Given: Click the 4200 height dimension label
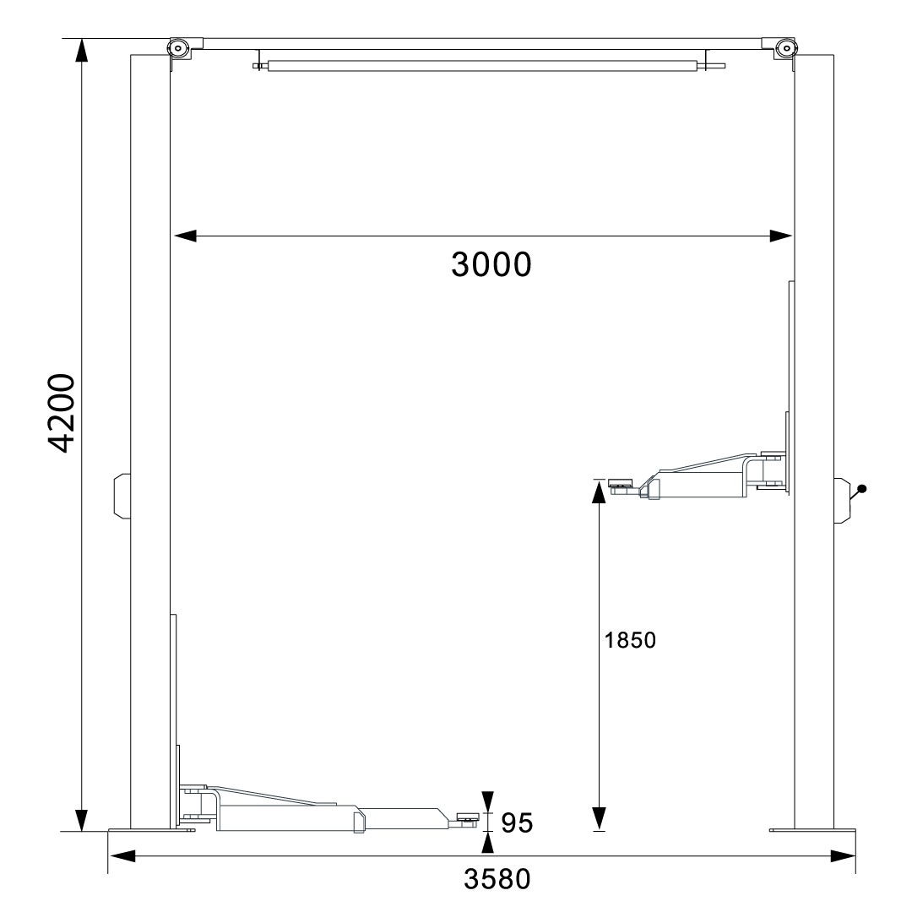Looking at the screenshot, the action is pyautogui.click(x=61, y=413).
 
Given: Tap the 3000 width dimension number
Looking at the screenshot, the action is pyautogui.click(x=491, y=264).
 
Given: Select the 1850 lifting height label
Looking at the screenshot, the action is pyautogui.click(x=630, y=640).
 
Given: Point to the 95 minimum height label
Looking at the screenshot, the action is pyautogui.click(x=517, y=823).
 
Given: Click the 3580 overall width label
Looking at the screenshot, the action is pyautogui.click(x=497, y=879).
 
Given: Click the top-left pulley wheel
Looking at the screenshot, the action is pyautogui.click(x=178, y=47).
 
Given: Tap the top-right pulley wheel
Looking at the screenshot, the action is pyautogui.click(x=786, y=47).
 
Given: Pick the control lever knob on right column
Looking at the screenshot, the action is pyautogui.click(x=862, y=489).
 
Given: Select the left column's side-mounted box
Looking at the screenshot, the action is pyautogui.click(x=122, y=496).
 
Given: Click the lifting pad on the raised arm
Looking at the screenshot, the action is pyautogui.click(x=620, y=483).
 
